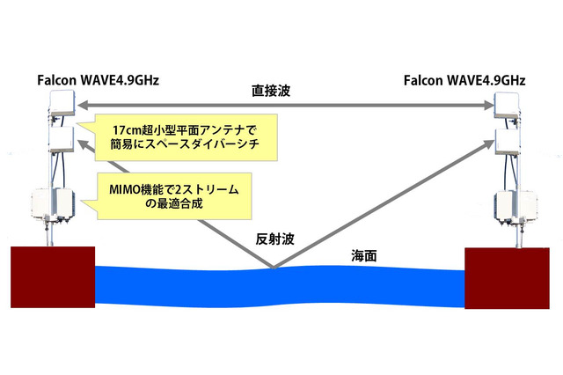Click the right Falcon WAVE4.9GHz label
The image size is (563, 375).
[x=464, y=82]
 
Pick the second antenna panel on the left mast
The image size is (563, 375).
[x=60, y=138]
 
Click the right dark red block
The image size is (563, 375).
[x=511, y=277]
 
